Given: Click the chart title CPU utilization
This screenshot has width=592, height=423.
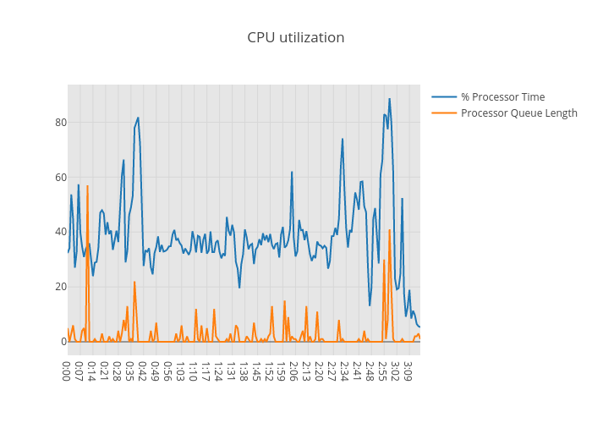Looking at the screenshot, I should (x=295, y=37).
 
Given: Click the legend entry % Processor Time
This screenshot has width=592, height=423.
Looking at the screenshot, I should (x=502, y=96).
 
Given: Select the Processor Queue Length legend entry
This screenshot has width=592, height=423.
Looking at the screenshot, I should (x=518, y=113).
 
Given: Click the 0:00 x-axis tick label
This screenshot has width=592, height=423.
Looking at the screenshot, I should (x=68, y=370).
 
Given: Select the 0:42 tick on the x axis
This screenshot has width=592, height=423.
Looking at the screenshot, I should (x=143, y=370).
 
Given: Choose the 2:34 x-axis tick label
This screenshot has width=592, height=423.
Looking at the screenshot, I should (x=343, y=370).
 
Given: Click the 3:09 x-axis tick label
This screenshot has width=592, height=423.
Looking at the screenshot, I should (x=406, y=370).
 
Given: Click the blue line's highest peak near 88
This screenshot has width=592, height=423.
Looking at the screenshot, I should (x=390, y=99).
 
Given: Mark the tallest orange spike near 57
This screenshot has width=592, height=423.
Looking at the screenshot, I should (x=87, y=185).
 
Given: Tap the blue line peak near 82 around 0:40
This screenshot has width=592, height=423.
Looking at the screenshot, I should (x=138, y=118).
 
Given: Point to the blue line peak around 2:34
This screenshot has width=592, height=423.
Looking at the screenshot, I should (x=343, y=139).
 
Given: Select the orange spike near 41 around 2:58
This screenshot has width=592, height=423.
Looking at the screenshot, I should (x=390, y=229).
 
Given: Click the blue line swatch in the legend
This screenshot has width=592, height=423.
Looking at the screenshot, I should (x=444, y=96).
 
